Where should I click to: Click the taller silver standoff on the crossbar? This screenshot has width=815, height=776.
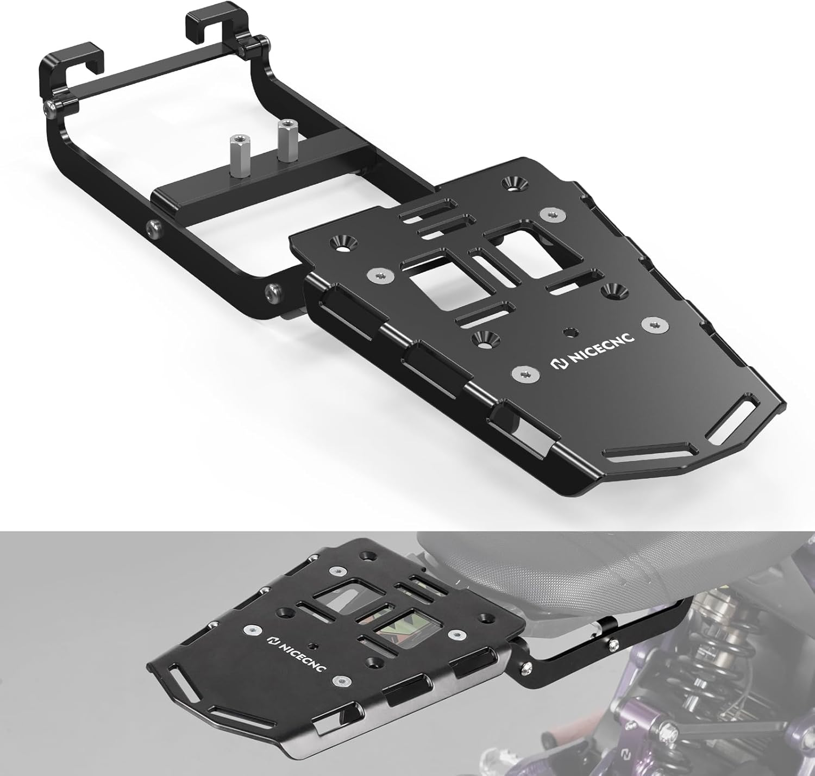285,140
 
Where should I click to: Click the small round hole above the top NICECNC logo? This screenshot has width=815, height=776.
569,330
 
